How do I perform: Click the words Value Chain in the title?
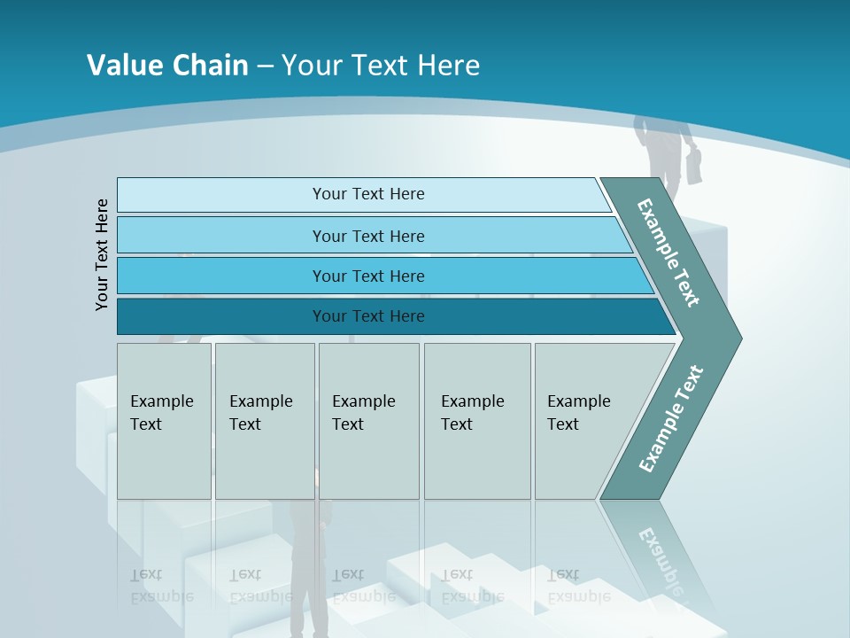[167, 65]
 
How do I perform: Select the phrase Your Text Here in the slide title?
[381, 65]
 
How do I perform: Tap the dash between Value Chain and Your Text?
[265, 66]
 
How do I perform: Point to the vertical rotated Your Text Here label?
[102, 254]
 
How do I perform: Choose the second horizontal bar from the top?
[367, 236]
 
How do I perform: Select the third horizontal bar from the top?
[367, 276]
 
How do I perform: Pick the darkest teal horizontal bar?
[367, 316]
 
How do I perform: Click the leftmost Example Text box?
[164, 420]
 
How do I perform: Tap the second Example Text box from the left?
[264, 420]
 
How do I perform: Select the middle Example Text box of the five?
[368, 420]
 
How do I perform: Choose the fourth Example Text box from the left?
[476, 420]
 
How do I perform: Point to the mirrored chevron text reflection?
[660, 558]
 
